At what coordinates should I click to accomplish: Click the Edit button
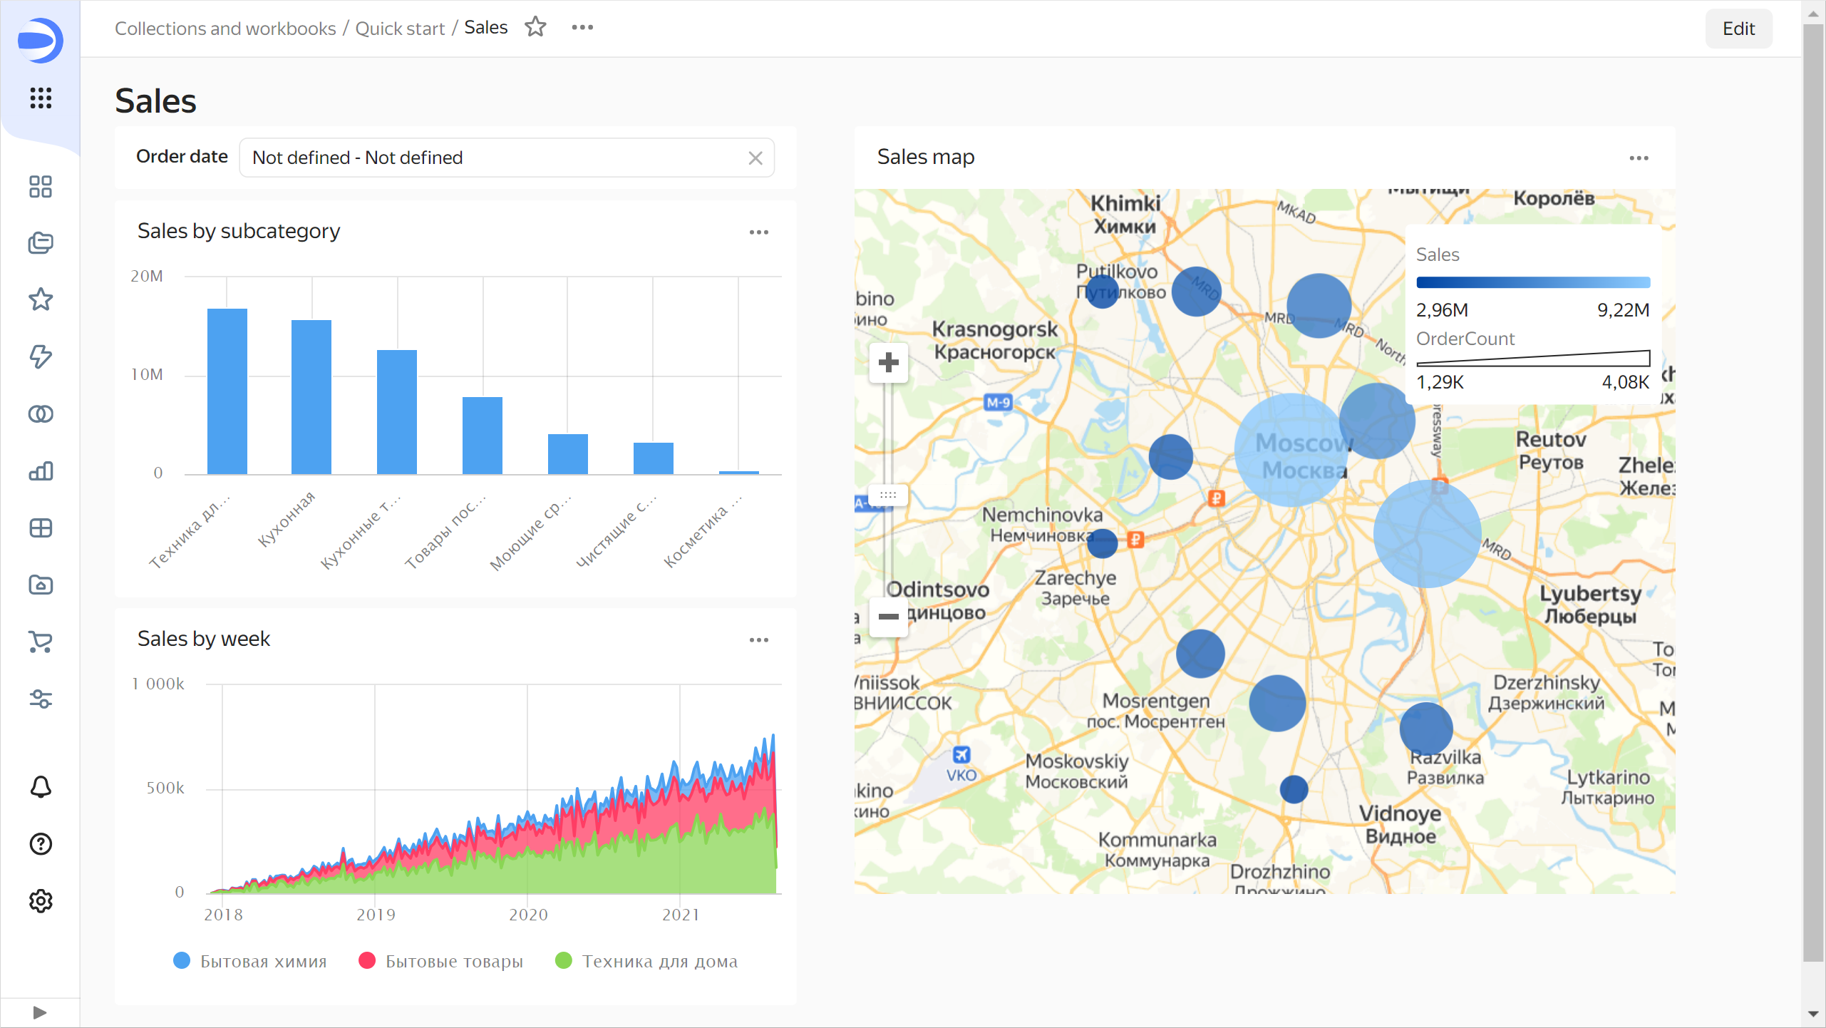click(1738, 29)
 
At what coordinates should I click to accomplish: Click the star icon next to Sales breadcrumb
click(535, 27)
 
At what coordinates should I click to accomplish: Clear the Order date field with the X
click(755, 158)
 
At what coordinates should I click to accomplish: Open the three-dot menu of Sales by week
click(758, 640)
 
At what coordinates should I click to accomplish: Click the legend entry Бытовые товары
click(454, 961)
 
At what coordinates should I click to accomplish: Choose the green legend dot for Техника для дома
click(563, 960)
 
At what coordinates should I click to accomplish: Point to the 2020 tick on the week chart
click(528, 915)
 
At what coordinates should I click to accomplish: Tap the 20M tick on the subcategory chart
click(147, 276)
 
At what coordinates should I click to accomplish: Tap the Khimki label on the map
click(1125, 204)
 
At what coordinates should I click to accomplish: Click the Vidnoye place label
click(1400, 813)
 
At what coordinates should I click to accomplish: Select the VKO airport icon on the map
click(961, 754)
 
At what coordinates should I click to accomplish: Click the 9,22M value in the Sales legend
click(1623, 310)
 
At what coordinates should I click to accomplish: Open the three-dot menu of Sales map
click(1639, 158)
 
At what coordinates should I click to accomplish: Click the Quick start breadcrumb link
click(400, 29)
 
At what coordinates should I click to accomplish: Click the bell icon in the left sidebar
click(41, 787)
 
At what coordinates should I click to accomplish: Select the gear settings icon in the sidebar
click(41, 901)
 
